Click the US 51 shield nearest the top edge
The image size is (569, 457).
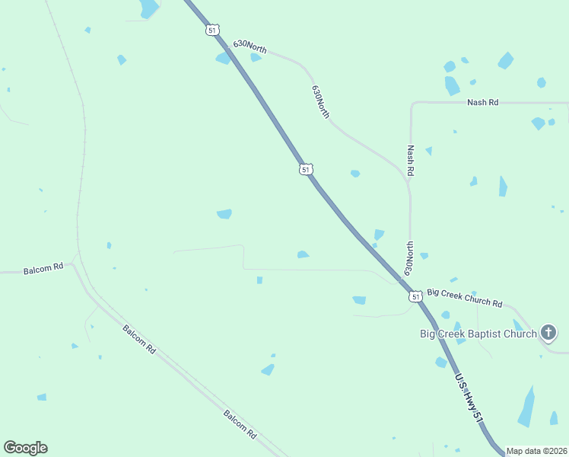pos(212,30)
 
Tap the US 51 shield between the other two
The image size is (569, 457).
pos(305,169)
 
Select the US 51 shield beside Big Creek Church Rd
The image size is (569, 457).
pos(415,296)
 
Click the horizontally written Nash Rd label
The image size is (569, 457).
pos(483,102)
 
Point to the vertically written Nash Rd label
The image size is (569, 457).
pos(411,161)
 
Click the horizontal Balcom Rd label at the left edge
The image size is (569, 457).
pos(43,270)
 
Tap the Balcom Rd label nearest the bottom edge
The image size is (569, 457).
pos(240,423)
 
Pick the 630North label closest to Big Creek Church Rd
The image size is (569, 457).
pos(409,258)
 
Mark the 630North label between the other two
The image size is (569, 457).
pos(321,101)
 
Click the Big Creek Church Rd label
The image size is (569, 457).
pos(465,298)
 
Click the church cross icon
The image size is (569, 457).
pos(548,332)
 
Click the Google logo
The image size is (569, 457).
pos(25,448)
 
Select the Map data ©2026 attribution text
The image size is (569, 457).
pos(536,451)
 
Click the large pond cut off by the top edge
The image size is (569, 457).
pos(149,8)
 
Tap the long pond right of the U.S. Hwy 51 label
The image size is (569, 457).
pos(526,406)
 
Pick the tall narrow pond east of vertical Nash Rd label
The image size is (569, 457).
pos(503,186)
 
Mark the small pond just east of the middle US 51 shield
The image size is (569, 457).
pos(355,174)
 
